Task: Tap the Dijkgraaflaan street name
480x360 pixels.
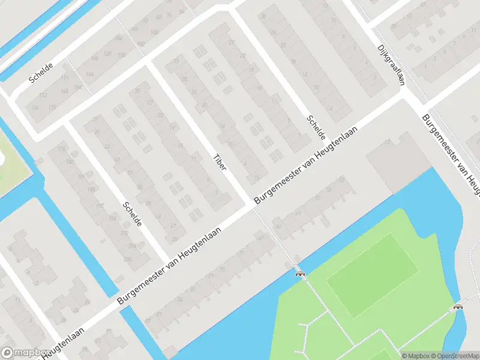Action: pos(389,65)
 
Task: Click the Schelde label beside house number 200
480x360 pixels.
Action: pos(132,214)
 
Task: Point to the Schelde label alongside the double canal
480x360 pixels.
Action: pos(41,72)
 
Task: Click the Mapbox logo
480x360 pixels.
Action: pos(25,353)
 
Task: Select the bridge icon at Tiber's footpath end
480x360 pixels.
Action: pos(299,274)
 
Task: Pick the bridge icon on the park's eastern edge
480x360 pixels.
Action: pos(458,307)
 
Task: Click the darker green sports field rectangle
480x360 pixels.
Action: pos(372,275)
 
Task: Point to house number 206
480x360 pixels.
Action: pos(127,259)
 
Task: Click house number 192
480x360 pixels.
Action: pos(100,205)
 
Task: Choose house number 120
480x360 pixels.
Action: pos(108,54)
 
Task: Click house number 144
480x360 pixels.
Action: pos(90,74)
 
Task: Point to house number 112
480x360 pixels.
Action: pos(43,96)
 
